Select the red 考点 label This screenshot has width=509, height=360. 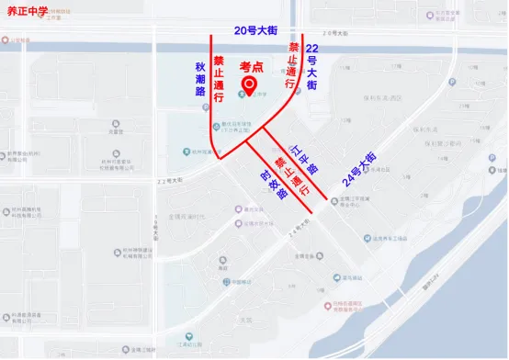[253, 67]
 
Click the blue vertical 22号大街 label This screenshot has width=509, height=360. [312, 66]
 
